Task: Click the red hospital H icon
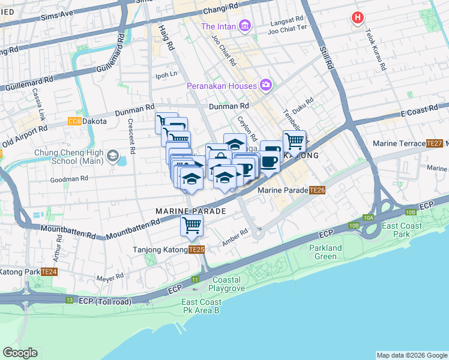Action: [358, 18]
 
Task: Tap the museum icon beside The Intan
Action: [244, 26]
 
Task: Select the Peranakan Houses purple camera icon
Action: [266, 86]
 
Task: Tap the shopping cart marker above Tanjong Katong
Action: [192, 226]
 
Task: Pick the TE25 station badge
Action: [196, 250]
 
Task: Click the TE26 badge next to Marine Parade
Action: [318, 190]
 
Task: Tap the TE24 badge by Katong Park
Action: [50, 272]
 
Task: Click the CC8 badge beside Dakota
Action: [74, 121]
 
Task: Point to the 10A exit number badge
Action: [368, 218]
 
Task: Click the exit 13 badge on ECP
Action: [70, 300]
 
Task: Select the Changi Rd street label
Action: [220, 10]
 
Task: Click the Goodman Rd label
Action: [69, 179]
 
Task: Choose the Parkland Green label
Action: [326, 253]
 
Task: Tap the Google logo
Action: [20, 353]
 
